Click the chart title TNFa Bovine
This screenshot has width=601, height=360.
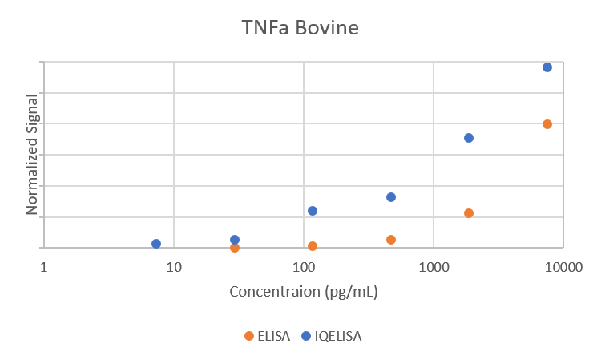[300, 28]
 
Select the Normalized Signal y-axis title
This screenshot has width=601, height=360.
[33, 154]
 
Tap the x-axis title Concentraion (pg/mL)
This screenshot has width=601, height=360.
[304, 291]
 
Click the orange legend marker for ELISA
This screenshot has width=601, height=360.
[249, 336]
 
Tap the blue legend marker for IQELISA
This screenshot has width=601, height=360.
[305, 336]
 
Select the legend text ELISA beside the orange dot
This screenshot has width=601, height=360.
[273, 336]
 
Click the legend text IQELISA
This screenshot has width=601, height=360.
[337, 336]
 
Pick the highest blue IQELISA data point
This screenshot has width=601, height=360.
[547, 67]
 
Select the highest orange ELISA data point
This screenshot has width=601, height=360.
[547, 124]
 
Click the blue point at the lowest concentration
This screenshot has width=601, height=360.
[156, 244]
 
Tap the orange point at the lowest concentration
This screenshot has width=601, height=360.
[235, 248]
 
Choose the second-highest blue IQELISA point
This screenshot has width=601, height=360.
[469, 138]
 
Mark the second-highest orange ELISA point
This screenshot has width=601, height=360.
[469, 213]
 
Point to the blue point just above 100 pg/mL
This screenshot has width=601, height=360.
[313, 211]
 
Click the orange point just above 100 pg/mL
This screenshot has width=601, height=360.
[313, 246]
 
